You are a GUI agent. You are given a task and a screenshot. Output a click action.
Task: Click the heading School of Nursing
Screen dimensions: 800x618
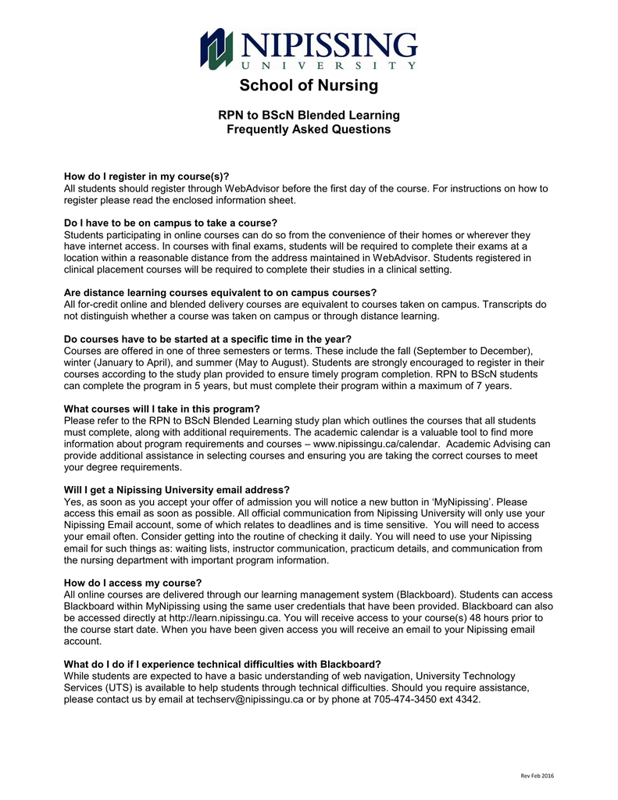tap(309, 85)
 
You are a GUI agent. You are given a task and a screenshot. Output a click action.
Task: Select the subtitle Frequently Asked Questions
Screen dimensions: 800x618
tap(309, 129)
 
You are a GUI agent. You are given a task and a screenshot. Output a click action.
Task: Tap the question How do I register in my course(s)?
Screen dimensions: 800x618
tap(146, 177)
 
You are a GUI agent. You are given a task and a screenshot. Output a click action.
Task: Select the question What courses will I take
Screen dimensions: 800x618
tap(161, 409)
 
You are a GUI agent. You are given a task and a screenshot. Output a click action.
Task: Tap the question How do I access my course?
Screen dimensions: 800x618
tap(133, 582)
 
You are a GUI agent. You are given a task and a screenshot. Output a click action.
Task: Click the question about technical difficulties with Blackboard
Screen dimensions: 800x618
tap(222, 664)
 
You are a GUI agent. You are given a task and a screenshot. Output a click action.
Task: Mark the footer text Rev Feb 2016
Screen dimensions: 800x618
tap(537, 776)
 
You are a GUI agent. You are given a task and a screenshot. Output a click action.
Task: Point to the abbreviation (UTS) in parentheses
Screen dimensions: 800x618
tap(112, 687)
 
